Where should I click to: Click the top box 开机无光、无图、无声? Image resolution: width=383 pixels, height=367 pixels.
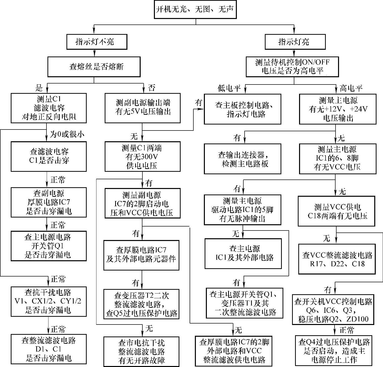tap(195, 10)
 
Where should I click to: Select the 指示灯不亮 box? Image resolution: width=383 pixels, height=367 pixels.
tap(97, 42)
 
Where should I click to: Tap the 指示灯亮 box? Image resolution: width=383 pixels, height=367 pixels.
tap(295, 42)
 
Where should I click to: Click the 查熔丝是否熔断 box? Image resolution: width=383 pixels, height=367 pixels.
tap(94, 67)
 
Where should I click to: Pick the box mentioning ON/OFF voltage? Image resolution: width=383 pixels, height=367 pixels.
tap(292, 67)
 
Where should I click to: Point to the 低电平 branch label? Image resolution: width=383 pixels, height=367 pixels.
tap(229, 88)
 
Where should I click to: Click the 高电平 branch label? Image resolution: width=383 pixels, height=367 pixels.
tap(351, 88)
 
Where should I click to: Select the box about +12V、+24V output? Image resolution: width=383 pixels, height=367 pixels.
tap(338, 109)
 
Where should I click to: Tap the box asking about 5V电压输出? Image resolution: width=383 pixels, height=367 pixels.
tap(142, 108)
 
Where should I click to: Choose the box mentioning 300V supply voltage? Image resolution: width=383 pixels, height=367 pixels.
tap(142, 156)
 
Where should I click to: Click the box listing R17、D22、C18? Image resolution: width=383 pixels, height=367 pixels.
tap(337, 259)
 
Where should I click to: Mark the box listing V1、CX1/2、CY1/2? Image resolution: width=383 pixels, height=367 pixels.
tap(49, 301)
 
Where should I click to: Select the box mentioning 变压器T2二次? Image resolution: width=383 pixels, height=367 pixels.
tap(141, 304)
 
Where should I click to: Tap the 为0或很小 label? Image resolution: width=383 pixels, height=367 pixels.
tap(67, 134)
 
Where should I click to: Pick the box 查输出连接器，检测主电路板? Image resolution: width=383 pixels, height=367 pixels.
tap(242, 159)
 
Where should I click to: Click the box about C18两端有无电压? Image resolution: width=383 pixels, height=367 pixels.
tap(337, 211)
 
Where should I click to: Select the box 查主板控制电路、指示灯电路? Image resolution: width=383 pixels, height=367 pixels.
tap(242, 109)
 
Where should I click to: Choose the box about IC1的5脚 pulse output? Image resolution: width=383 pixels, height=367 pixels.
tap(242, 210)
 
